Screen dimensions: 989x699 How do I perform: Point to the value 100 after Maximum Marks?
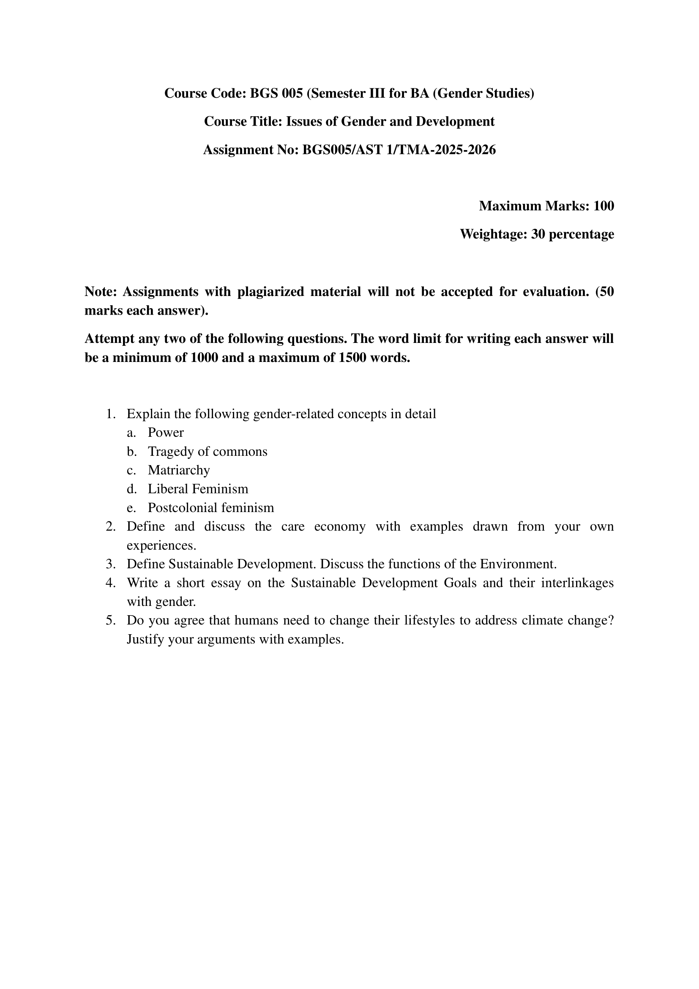click(603, 206)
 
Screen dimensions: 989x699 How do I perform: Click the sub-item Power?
click(166, 433)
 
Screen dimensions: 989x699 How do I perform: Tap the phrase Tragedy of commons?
click(208, 452)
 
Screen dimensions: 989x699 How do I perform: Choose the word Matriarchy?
click(179, 470)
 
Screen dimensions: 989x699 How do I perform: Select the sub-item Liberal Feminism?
click(198, 489)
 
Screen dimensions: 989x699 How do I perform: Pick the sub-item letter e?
click(131, 508)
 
